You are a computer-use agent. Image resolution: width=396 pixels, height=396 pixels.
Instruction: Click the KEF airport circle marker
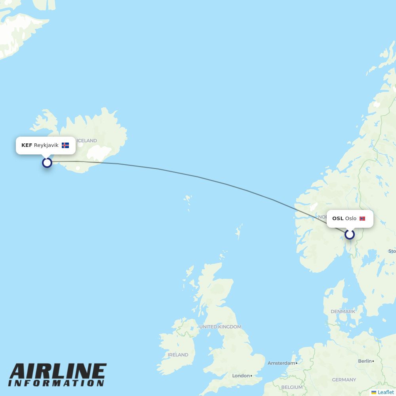(47, 163)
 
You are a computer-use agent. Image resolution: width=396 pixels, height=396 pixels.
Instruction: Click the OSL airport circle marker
(349, 234)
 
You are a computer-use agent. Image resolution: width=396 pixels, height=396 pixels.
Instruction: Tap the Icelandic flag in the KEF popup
(65, 145)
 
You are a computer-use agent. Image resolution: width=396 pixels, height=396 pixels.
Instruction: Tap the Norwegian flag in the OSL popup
(362, 219)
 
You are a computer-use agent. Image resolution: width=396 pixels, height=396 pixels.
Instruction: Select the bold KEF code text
(27, 145)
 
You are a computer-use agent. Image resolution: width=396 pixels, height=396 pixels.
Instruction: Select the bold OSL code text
(338, 219)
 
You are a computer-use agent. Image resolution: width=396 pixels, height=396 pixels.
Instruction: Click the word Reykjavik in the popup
(46, 145)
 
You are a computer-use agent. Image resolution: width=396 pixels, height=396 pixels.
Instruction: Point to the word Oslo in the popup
(350, 219)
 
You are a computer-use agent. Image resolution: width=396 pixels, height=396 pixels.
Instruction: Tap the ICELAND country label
(87, 141)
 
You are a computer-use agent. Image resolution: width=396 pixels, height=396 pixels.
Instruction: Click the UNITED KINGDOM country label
(220, 327)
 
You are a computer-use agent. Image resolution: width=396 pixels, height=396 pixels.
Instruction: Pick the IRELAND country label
(178, 355)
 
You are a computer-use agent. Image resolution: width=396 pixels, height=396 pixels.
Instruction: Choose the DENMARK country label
(343, 312)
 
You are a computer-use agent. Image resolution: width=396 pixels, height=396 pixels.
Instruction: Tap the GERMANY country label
(344, 380)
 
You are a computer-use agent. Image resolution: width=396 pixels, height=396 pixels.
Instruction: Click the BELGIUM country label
(292, 387)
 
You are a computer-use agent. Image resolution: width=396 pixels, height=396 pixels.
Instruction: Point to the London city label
(241, 375)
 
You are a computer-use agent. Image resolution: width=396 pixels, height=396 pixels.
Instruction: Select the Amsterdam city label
(281, 363)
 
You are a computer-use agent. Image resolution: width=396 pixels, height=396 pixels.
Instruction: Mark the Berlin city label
(365, 361)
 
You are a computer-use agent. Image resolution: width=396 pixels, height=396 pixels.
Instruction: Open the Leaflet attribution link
(385, 392)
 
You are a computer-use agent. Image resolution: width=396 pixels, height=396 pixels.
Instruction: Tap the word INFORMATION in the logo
(56, 383)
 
